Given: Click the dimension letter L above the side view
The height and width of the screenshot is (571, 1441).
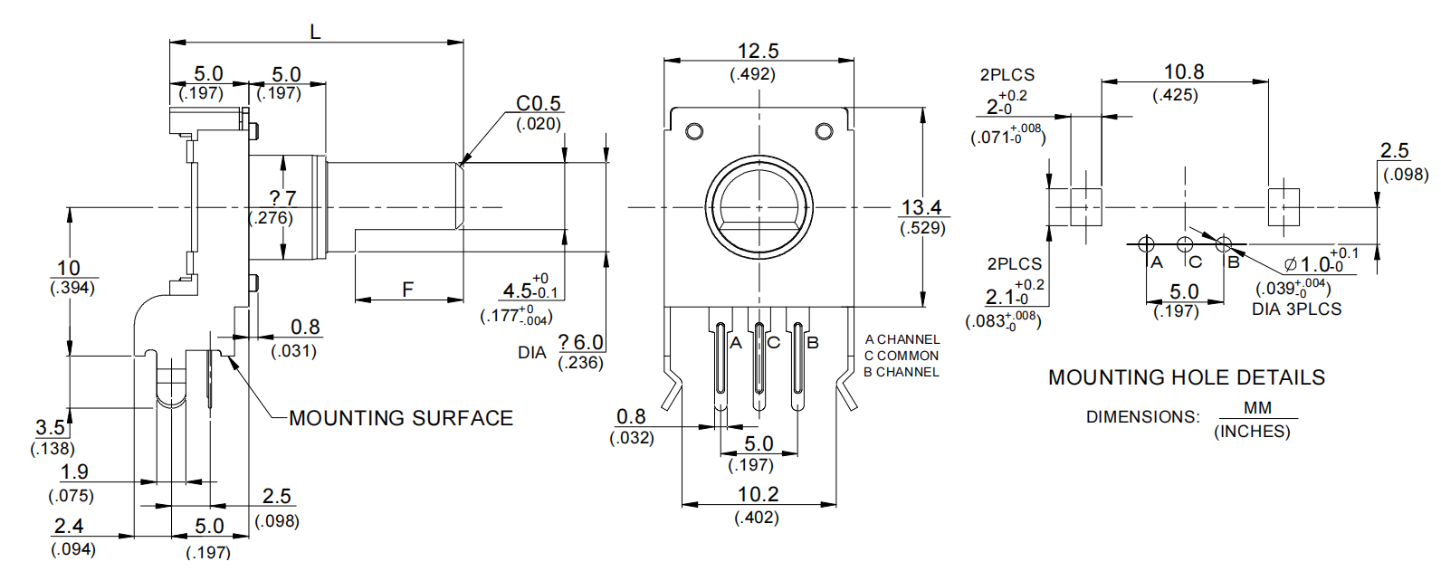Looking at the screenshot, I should click(x=315, y=33).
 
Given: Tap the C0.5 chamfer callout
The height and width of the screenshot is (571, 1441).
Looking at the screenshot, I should click(x=539, y=104).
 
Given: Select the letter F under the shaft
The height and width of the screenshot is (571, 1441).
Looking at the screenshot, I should click(x=407, y=290).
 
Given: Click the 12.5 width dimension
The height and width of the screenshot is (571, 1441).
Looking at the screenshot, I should click(x=758, y=52).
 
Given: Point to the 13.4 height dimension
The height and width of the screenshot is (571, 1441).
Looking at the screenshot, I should click(x=921, y=208).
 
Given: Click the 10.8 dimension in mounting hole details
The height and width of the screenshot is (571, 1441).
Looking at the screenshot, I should click(x=1183, y=72).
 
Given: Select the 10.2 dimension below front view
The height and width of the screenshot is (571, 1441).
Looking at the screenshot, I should click(x=758, y=494).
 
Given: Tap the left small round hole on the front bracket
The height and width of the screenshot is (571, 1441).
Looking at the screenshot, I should click(x=694, y=132).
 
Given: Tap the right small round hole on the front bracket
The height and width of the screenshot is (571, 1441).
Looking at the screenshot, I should click(x=824, y=132).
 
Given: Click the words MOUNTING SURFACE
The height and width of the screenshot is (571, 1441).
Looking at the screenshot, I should click(x=401, y=418).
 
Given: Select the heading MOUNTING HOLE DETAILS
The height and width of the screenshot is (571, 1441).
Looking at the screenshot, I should click(x=1186, y=377).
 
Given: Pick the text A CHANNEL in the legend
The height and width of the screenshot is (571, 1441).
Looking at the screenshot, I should click(x=902, y=339).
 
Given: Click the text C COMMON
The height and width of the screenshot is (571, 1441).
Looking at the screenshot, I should click(x=902, y=356).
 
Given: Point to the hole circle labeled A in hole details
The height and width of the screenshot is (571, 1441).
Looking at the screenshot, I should click(x=1146, y=243).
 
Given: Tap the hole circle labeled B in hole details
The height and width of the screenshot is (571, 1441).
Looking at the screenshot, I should click(x=1224, y=243).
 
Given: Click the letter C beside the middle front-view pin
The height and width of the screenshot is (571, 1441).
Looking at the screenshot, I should click(x=774, y=343).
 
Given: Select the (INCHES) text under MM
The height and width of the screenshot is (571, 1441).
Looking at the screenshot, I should click(x=1252, y=432).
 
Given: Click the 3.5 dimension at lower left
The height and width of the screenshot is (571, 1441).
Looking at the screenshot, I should click(x=51, y=427).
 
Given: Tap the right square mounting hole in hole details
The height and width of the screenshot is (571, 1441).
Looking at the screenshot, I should click(x=1283, y=207).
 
